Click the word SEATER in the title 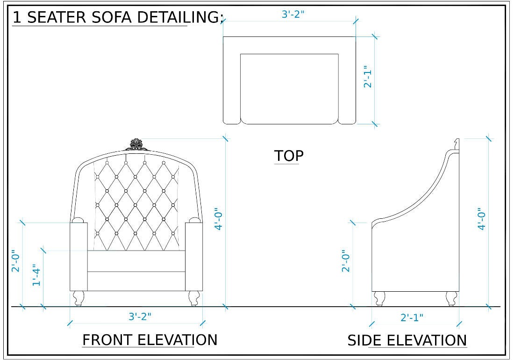57,17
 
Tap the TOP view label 289,156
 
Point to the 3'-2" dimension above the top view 293,14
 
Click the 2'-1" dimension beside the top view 368,77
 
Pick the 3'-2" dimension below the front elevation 140,317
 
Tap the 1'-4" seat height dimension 36,275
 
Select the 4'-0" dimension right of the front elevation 218,219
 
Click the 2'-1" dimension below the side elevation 412,317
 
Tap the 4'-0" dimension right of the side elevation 481,219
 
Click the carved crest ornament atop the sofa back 136,145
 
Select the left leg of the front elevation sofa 79,298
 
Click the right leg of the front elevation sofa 194,298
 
